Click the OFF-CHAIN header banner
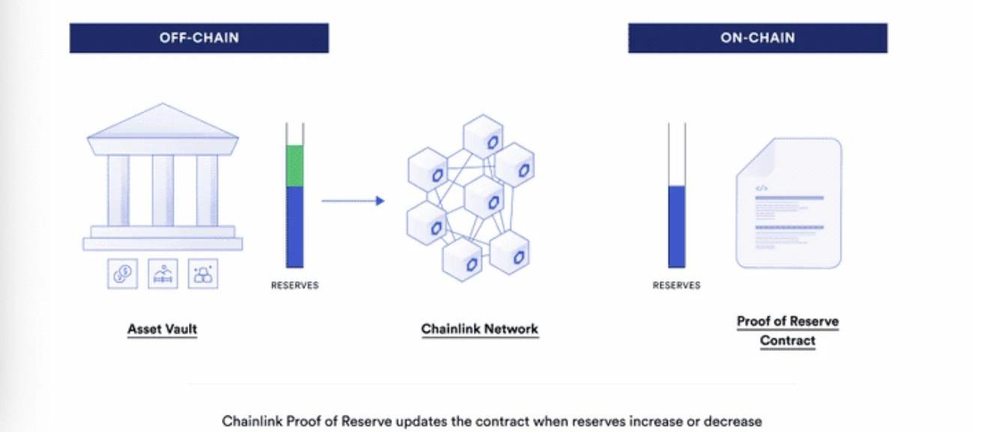pyautogui.click(x=199, y=38)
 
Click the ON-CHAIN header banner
pyautogui.click(x=757, y=38)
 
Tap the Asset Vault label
pyautogui.click(x=162, y=329)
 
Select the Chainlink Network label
pyautogui.click(x=480, y=329)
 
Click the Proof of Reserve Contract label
pyautogui.click(x=788, y=331)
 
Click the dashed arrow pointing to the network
pyautogui.click(x=352, y=201)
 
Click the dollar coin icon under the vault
pyautogui.click(x=122, y=274)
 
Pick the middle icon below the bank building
pyautogui.click(x=163, y=274)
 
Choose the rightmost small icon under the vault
pyautogui.click(x=203, y=274)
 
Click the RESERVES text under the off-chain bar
pyautogui.click(x=295, y=286)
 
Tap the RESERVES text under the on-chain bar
pyautogui.click(x=677, y=286)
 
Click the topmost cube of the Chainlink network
pyautogui.click(x=483, y=136)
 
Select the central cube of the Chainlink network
pyautogui.click(x=484, y=197)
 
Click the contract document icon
pyautogui.click(x=789, y=203)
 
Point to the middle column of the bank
pyautogui.click(x=163, y=190)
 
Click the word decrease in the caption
pyautogui.click(x=738, y=421)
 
